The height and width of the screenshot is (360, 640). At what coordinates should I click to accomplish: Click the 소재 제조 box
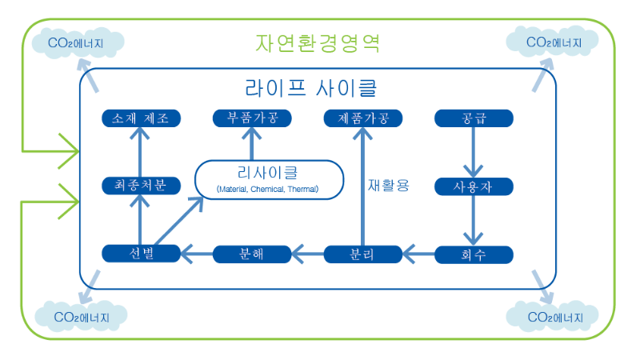(141, 118)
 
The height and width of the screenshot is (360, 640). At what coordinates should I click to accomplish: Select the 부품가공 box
(252, 118)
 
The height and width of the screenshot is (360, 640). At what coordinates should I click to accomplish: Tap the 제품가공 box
(362, 118)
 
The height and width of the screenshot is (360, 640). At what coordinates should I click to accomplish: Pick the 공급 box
(473, 118)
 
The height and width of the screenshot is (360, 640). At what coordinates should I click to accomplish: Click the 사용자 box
(473, 186)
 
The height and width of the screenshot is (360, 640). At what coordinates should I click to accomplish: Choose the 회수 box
(473, 254)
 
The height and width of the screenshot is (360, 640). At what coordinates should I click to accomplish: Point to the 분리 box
(362, 254)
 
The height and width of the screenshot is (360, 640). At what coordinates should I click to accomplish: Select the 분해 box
(252, 254)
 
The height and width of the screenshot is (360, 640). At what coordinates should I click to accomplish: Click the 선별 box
(141, 254)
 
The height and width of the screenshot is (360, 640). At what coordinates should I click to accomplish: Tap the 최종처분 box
(141, 186)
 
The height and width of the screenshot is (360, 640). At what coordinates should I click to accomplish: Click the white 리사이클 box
(269, 179)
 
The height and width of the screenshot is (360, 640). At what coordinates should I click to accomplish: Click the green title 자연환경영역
(318, 42)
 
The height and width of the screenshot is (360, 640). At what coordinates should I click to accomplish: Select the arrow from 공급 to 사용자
(473, 152)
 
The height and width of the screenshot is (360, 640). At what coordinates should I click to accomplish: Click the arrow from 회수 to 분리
(418, 254)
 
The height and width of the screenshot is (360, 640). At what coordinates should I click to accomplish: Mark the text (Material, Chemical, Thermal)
(268, 190)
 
